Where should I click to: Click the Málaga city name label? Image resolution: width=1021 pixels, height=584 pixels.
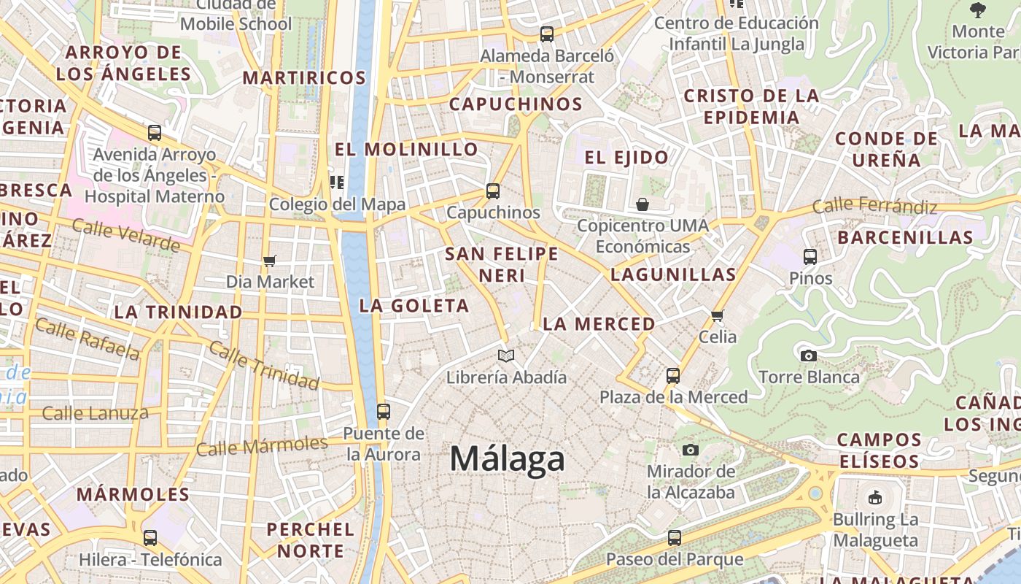click(x=507, y=459)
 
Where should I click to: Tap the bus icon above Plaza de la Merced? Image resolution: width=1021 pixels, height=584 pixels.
click(x=673, y=376)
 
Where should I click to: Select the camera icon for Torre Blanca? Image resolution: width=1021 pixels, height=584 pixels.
click(x=809, y=356)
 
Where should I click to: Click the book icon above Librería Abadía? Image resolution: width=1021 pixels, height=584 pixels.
click(x=506, y=356)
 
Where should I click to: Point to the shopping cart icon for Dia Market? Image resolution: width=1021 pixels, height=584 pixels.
click(x=270, y=260)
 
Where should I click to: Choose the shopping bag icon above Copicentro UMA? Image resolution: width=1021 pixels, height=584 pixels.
click(x=643, y=204)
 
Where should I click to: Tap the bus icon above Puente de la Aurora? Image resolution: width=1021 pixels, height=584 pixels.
click(x=384, y=411)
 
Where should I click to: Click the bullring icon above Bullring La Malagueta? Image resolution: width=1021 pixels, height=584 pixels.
click(x=875, y=498)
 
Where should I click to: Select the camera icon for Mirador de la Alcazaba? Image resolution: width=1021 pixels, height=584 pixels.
click(x=691, y=450)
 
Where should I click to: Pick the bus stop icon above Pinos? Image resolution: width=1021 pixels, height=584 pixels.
click(x=810, y=256)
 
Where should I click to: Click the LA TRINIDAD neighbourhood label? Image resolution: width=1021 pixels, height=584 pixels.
click(x=178, y=312)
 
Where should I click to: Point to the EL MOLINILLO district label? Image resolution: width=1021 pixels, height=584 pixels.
click(x=406, y=149)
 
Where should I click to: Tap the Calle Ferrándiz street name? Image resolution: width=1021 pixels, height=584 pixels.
click(x=874, y=206)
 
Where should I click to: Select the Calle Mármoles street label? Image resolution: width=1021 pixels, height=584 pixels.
click(x=262, y=445)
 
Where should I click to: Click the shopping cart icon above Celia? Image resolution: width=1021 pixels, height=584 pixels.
click(x=718, y=315)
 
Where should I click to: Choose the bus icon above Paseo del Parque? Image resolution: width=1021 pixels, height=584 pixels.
click(x=675, y=538)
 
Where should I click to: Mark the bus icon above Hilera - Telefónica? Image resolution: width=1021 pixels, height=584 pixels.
click(x=150, y=538)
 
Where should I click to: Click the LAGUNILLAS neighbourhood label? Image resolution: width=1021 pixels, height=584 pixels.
click(x=673, y=274)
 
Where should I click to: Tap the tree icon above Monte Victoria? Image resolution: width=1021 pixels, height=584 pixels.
click(x=978, y=10)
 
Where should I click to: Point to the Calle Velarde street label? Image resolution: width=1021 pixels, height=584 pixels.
click(x=125, y=235)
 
